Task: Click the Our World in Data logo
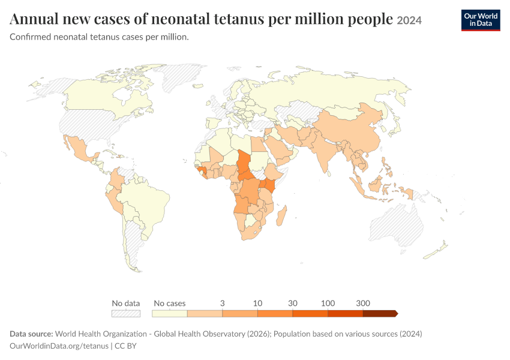pos(481,20)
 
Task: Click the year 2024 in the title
pos(409,20)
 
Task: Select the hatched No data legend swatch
pos(126,313)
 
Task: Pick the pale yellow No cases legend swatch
pos(169,313)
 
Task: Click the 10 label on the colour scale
pos(257,304)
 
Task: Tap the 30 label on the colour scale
pos(293,304)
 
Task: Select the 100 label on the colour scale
pos(328,304)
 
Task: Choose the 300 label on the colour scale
pos(363,304)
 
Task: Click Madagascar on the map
pos(281,216)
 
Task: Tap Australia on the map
pos(397,224)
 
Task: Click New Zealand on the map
pos(436,250)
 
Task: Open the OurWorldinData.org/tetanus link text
pos(59,346)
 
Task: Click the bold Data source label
pos(31,334)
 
